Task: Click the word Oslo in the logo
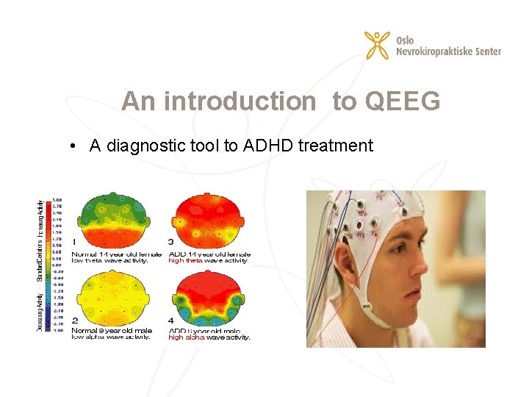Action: tap(406, 39)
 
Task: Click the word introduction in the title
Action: tap(238, 101)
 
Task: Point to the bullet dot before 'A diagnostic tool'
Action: tap(75, 146)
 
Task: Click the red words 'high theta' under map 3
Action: tap(186, 260)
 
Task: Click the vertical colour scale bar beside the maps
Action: tap(57, 265)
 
